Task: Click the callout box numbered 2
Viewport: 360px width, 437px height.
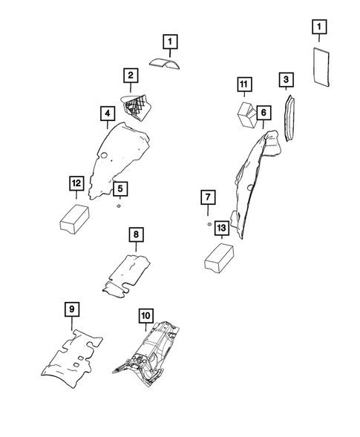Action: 130,75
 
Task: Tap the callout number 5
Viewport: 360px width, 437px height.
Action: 119,188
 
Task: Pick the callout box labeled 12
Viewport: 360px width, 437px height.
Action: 75,183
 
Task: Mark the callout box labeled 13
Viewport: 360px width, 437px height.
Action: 221,229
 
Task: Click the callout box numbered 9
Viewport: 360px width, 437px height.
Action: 71,309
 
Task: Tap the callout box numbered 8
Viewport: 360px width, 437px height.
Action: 136,234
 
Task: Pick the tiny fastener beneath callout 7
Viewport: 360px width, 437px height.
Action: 209,222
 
